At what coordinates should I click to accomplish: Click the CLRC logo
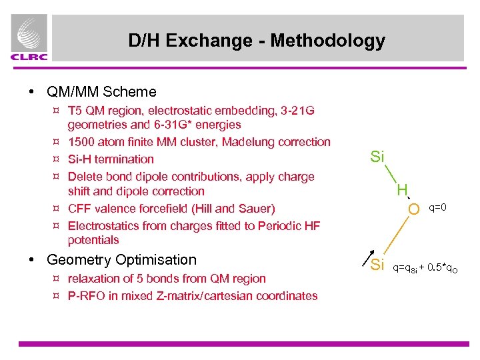coord(29,39)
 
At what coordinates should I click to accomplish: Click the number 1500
coord(81,142)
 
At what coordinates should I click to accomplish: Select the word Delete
coord(85,177)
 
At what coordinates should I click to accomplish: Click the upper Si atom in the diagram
coord(377,157)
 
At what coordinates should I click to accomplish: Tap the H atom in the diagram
coord(402,191)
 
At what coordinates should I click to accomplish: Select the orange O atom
coord(414,209)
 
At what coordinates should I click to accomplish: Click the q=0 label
coord(437,207)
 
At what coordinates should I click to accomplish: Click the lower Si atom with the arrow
coord(377,265)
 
